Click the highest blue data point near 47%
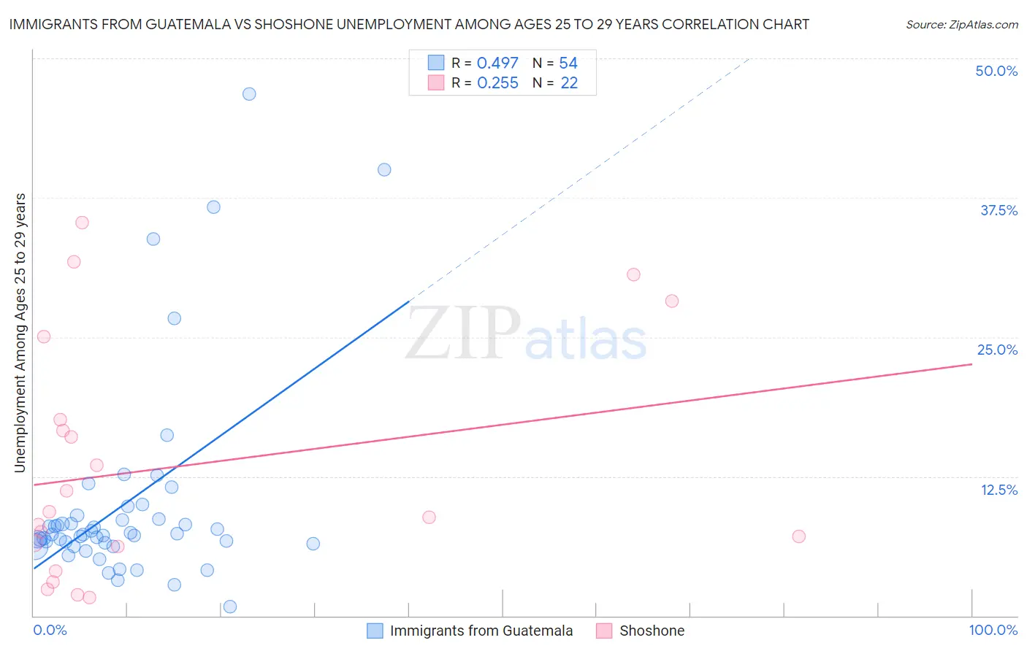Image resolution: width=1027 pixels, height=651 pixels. click(249, 94)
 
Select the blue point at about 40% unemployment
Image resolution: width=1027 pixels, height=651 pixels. click(384, 170)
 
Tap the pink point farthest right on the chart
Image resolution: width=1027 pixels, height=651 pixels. click(798, 536)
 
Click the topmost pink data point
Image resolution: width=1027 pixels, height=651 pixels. click(82, 223)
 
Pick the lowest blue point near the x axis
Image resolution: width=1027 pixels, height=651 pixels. click(230, 606)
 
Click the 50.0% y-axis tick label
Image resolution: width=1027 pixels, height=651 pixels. click(996, 71)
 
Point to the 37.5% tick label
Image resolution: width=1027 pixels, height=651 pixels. click(999, 210)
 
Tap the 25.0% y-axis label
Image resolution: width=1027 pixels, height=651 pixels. click(997, 350)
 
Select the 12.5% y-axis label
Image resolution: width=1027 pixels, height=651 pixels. click(999, 490)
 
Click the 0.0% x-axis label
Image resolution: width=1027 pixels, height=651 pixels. click(50, 630)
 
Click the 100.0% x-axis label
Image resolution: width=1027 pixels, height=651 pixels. click(993, 630)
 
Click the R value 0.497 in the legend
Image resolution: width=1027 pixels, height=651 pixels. click(497, 63)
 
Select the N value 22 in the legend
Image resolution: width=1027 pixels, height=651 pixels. click(569, 83)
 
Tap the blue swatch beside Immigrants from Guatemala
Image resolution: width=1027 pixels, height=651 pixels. click(375, 631)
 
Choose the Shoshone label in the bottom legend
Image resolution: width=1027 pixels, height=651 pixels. click(652, 631)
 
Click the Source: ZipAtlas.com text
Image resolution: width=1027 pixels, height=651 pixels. click(961, 25)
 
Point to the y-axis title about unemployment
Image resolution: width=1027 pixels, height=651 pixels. click(20, 333)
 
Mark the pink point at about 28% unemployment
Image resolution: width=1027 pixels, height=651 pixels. click(672, 301)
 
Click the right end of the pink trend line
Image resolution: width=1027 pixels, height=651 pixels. click(971, 363)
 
